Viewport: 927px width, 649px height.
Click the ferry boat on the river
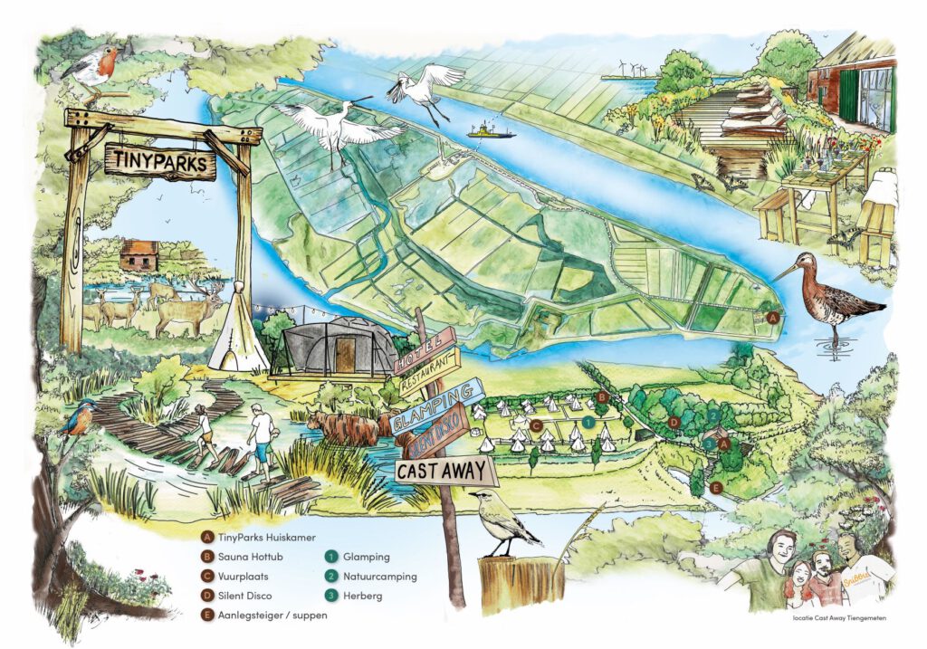(x=490, y=132)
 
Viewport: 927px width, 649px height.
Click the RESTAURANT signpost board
(x=428, y=370)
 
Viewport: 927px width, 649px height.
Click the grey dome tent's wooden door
(x=345, y=357)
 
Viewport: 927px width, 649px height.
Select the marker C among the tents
(x=536, y=425)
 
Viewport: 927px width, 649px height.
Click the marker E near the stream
(x=716, y=489)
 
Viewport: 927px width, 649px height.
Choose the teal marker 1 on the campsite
(x=588, y=422)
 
